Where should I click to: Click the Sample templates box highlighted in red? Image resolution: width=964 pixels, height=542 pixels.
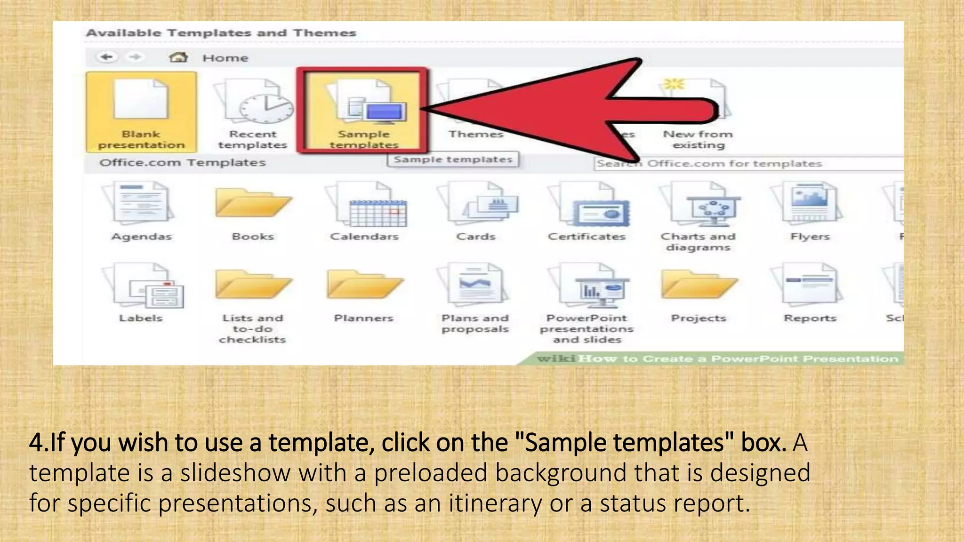click(363, 111)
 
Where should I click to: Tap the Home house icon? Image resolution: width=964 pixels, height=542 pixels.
click(178, 57)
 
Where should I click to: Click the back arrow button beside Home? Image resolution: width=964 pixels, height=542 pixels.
click(107, 57)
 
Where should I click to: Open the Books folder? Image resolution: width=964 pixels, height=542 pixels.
click(253, 203)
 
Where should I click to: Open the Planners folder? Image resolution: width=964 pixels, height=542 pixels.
click(364, 284)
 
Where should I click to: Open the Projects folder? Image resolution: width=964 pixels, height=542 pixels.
click(699, 284)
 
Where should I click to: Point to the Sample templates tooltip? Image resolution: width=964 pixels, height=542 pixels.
click(453, 159)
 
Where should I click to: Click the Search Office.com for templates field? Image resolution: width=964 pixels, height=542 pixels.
click(748, 164)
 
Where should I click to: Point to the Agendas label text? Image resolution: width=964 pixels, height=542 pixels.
click(142, 237)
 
